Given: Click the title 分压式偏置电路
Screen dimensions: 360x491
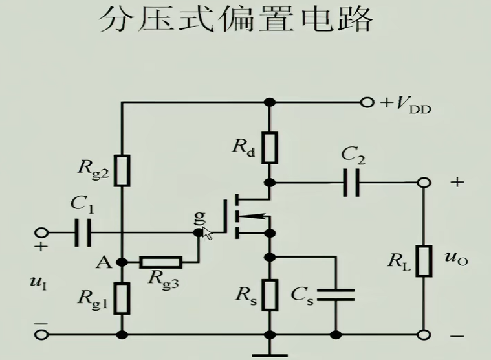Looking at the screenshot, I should pyautogui.click(x=235, y=21).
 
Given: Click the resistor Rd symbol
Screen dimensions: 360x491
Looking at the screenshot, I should pyautogui.click(x=271, y=148).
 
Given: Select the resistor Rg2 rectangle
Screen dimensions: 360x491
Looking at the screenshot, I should pyautogui.click(x=122, y=170).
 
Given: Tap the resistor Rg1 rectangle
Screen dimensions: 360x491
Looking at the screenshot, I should pyautogui.click(x=122, y=298).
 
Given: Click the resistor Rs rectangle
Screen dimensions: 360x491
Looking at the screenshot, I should pyautogui.click(x=271, y=295).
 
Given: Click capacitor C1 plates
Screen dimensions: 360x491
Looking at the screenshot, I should pyautogui.click(x=83, y=232).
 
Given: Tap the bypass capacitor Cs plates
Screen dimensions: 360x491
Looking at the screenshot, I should pyautogui.click(x=336, y=295).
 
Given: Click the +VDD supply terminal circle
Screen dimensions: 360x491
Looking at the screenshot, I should pyautogui.click(x=367, y=102).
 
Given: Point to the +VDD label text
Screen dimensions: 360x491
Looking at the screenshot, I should pyautogui.click(x=405, y=104).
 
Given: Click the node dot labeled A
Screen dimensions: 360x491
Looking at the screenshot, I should pyautogui.click(x=122, y=262).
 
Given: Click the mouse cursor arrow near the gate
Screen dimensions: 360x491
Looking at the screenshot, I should pyautogui.click(x=208, y=233).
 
